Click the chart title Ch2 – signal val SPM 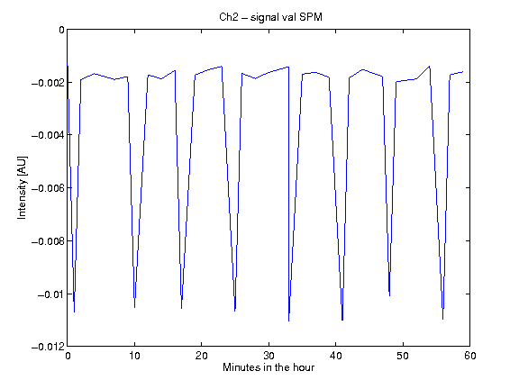click(x=270, y=17)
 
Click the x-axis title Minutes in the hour click(x=269, y=367)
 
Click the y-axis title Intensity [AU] click(x=23, y=187)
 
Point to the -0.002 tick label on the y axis click(x=48, y=82)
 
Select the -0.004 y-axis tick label click(x=48, y=135)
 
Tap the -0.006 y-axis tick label click(x=48, y=188)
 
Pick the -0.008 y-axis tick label click(x=48, y=240)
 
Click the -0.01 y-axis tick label click(x=50, y=294)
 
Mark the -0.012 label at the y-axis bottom click(x=48, y=347)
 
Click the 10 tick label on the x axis click(x=134, y=356)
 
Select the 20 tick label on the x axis click(x=201, y=356)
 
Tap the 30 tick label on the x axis click(x=269, y=356)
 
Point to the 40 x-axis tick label click(x=335, y=356)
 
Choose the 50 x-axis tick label click(x=403, y=356)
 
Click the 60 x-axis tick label click(x=470, y=356)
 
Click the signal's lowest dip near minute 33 click(x=288, y=321)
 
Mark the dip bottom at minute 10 click(x=134, y=308)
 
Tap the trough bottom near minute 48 click(x=389, y=295)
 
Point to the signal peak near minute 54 click(x=430, y=66)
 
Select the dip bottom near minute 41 click(x=342, y=321)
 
